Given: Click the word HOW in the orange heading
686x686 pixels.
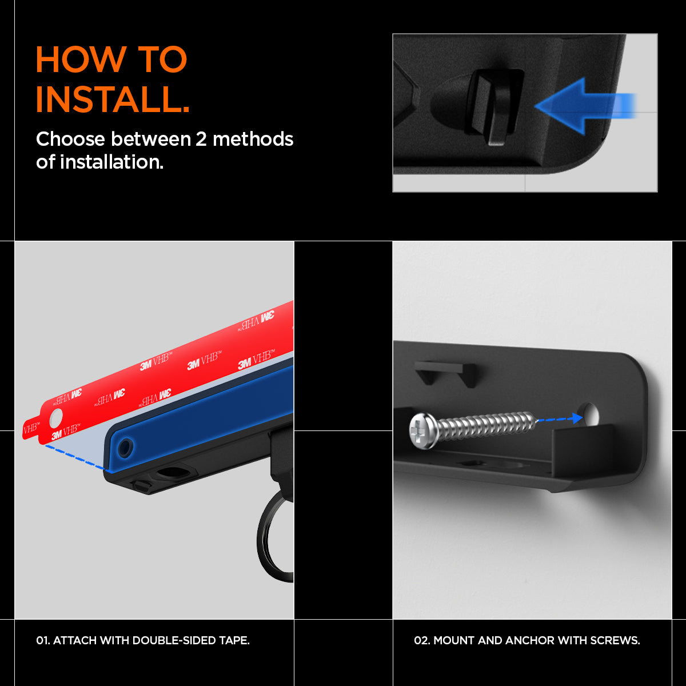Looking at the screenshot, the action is coord(81,59).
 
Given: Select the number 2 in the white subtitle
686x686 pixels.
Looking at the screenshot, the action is coord(201,139).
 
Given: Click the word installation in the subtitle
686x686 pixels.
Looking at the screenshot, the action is coord(111,162).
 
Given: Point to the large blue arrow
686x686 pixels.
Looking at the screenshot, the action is coord(585,106).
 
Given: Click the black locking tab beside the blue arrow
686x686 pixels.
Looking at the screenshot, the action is coord(496,106).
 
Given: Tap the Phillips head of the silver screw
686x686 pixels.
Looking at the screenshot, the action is coord(424,431).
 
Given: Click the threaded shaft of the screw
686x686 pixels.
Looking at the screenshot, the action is coord(486,424).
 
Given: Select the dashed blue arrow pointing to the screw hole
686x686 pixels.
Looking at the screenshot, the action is coord(560,418).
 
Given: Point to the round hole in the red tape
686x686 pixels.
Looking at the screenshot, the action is coord(56,417).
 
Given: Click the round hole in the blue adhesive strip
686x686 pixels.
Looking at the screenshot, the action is coord(125,448).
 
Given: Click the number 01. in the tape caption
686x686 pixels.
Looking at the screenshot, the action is coord(43,640).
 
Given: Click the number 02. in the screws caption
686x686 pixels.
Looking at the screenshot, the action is coord(422,640).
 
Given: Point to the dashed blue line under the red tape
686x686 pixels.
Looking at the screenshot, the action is coord(77,458).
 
